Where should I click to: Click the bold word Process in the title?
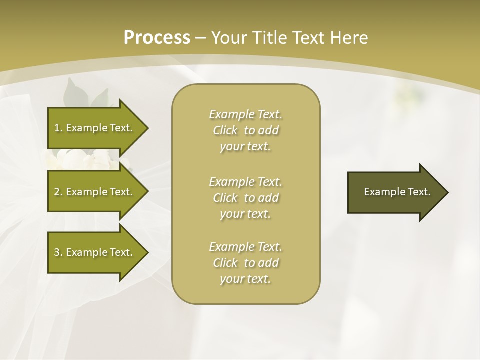tap(157, 38)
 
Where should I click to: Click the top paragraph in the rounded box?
tap(245, 130)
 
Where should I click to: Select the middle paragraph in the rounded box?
tap(245, 198)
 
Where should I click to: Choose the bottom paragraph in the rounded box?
tap(245, 263)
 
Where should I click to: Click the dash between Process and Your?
tap(201, 38)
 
